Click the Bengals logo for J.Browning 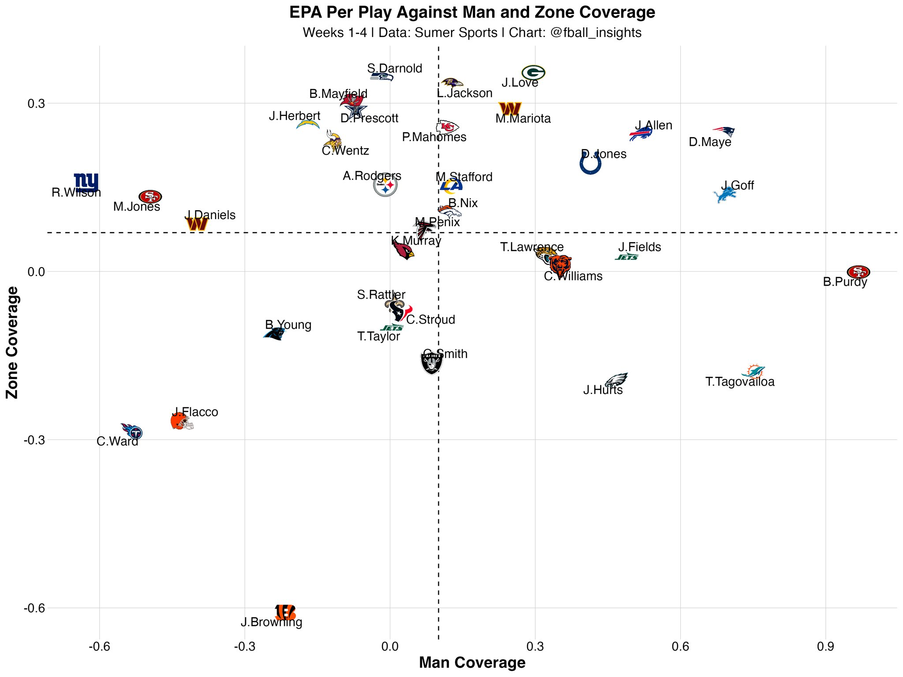[285, 612]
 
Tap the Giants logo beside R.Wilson [86, 182]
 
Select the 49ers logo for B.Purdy [858, 272]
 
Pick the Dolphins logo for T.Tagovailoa [754, 371]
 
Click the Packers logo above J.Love [533, 73]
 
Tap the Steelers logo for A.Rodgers [385, 185]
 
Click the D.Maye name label [710, 142]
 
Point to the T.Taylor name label [378, 337]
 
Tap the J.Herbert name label [295, 116]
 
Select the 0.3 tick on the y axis [36, 104]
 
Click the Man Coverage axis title [472, 663]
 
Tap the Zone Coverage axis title [12, 342]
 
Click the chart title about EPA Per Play [472, 12]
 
